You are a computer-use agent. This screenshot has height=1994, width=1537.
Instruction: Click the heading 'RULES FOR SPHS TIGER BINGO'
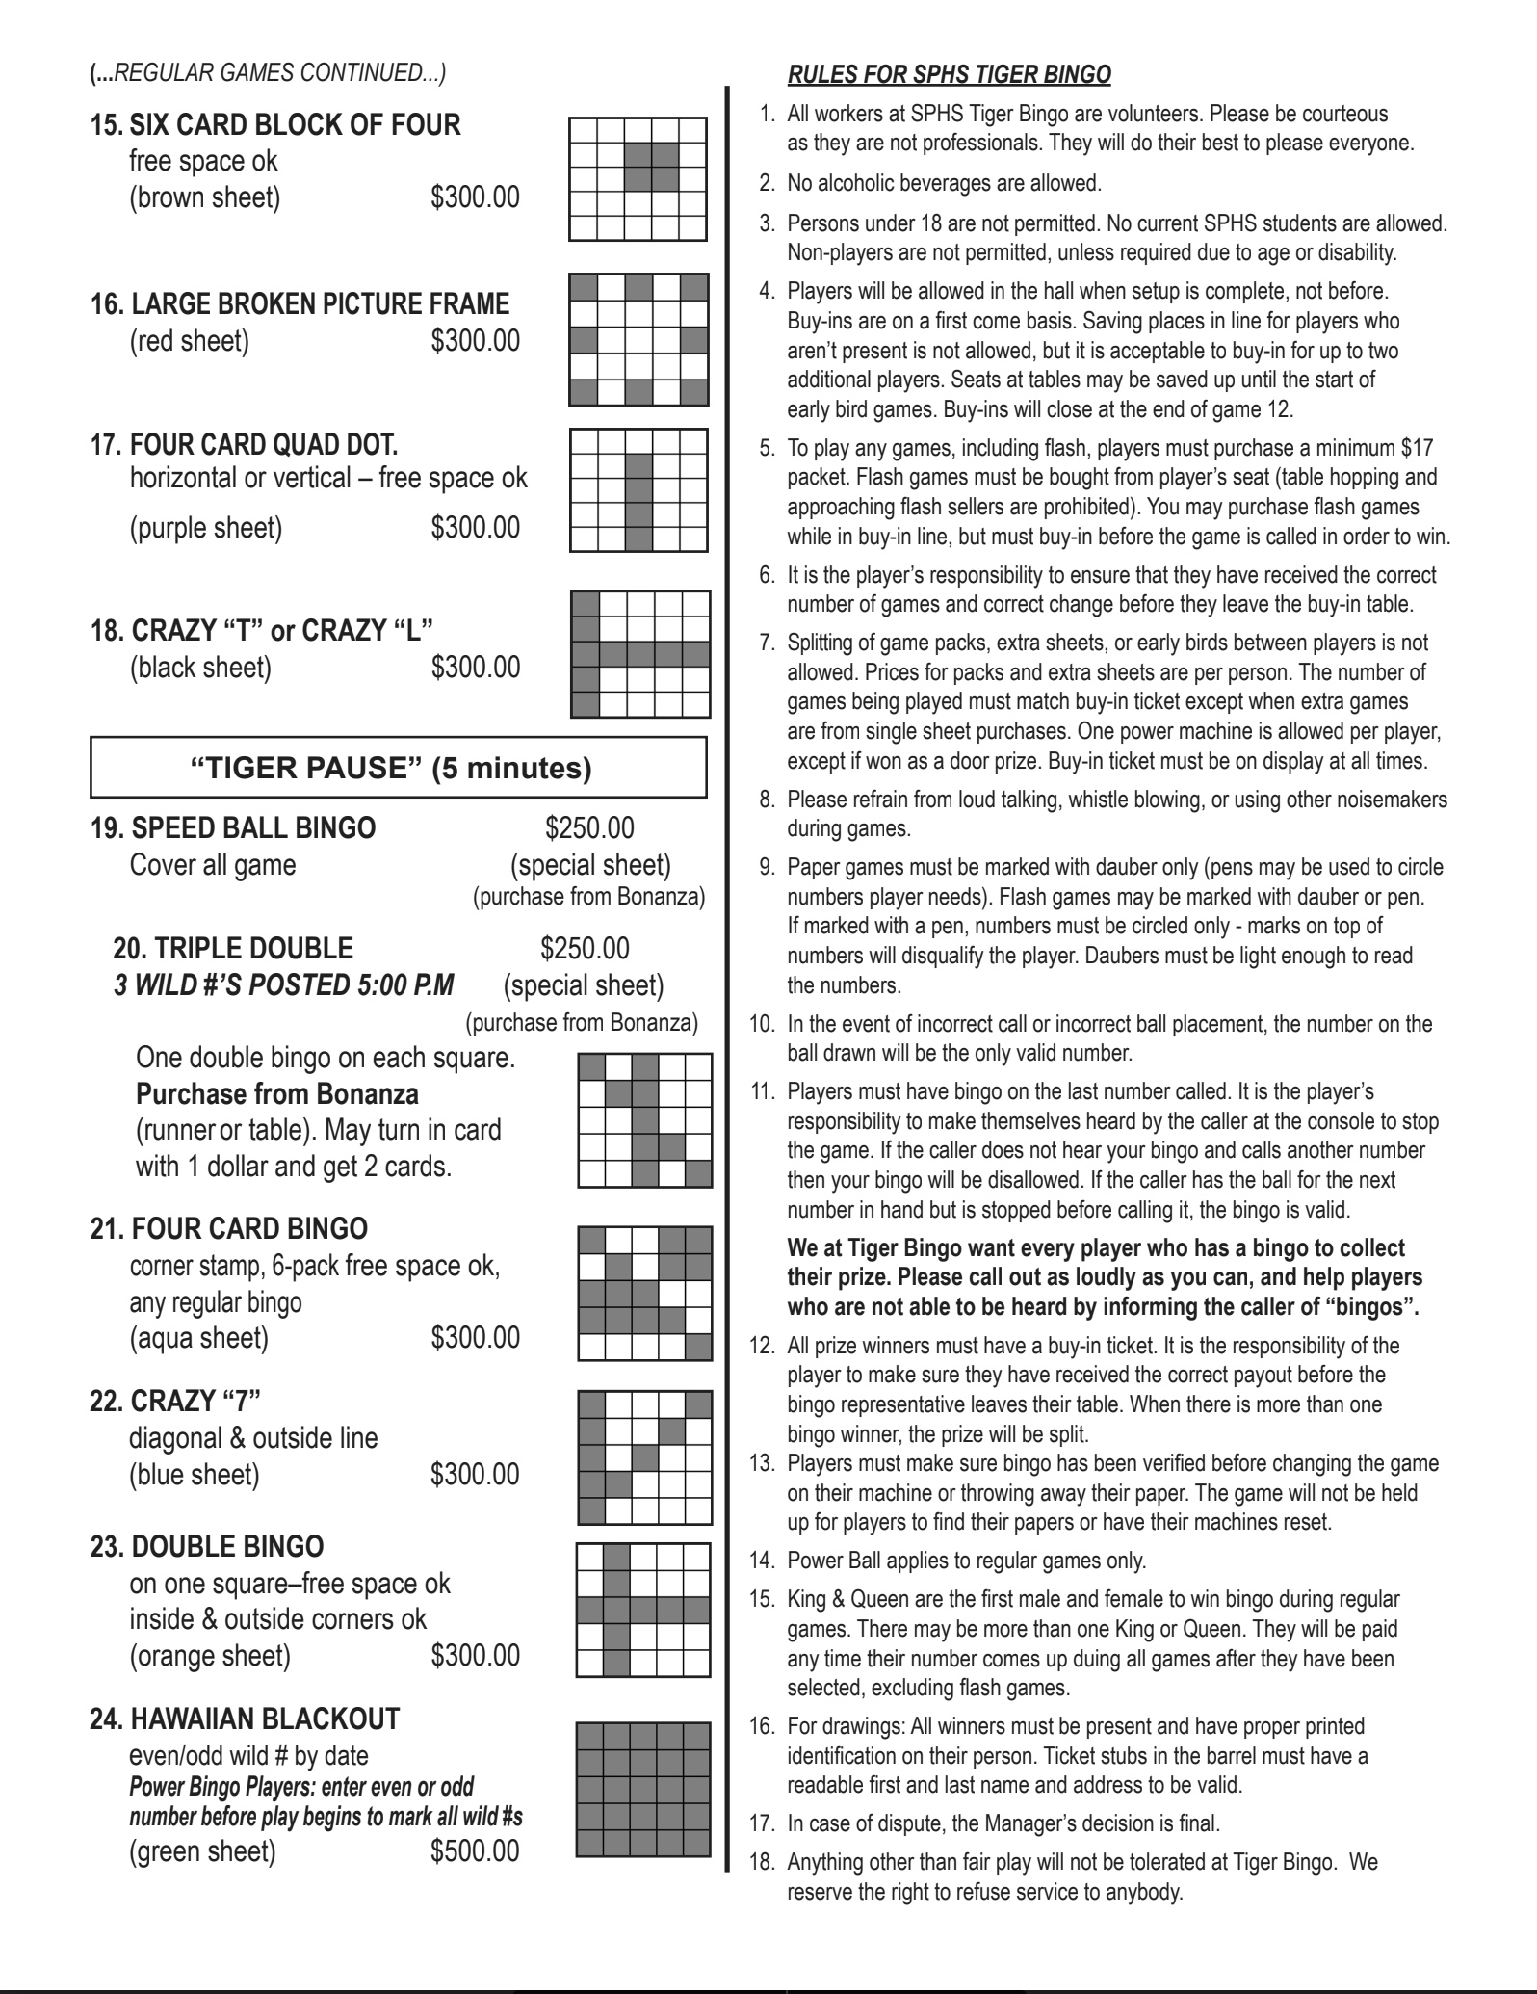pos(949,75)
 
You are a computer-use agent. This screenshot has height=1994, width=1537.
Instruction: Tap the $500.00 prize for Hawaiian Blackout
pos(475,1850)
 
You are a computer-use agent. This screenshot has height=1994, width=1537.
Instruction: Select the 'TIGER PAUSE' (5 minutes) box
pos(398,768)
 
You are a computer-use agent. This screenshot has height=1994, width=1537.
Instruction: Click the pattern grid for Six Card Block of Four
pos(638,178)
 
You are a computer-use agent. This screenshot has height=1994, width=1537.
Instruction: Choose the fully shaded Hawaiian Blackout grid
pos(643,1790)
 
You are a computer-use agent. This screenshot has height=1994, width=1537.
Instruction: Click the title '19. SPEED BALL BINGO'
pos(233,828)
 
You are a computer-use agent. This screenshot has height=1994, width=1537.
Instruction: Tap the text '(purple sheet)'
pos(206,528)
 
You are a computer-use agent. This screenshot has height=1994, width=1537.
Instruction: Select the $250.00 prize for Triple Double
pos(585,948)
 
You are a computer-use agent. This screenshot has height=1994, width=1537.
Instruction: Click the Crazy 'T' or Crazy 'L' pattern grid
pos(640,654)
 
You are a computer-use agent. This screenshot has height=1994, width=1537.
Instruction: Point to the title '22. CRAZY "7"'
pos(175,1401)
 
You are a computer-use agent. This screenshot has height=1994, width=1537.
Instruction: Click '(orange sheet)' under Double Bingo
pos(210,1655)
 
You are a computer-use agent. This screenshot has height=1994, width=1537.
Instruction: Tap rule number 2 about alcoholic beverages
pos(943,183)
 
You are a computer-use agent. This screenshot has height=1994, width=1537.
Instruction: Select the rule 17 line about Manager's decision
pos(1003,1823)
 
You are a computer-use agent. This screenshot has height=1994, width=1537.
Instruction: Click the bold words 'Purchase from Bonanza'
pos(277,1094)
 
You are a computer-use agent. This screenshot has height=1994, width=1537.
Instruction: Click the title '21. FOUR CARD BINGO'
pos(229,1229)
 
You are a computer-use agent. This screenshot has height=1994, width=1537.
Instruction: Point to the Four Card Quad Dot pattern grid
pos(638,489)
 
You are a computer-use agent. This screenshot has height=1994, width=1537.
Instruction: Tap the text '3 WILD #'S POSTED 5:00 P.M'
pos(284,984)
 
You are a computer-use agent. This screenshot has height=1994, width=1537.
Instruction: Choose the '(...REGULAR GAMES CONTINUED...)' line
pos(267,72)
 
